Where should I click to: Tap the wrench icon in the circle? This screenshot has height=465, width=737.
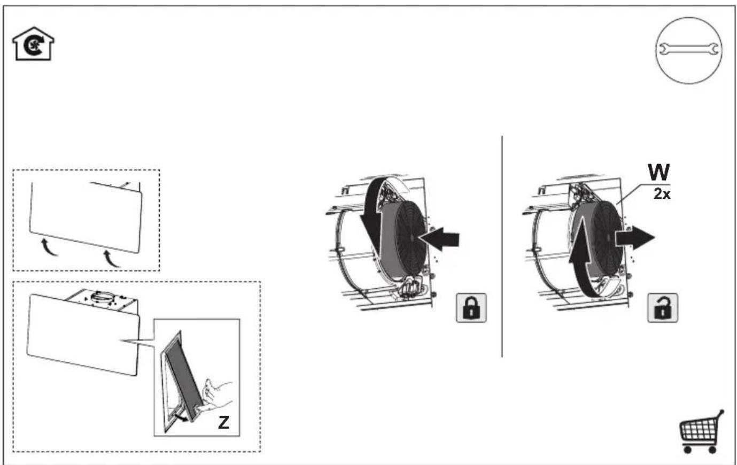(689, 50)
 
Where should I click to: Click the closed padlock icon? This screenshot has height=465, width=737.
(471, 308)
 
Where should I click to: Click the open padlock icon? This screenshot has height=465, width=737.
(663, 308)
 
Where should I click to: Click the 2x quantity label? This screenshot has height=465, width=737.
(662, 194)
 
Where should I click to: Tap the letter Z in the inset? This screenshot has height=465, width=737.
(224, 422)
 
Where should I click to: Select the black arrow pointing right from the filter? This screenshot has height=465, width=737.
(635, 238)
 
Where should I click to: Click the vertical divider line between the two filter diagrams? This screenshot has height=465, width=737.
(502, 246)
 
